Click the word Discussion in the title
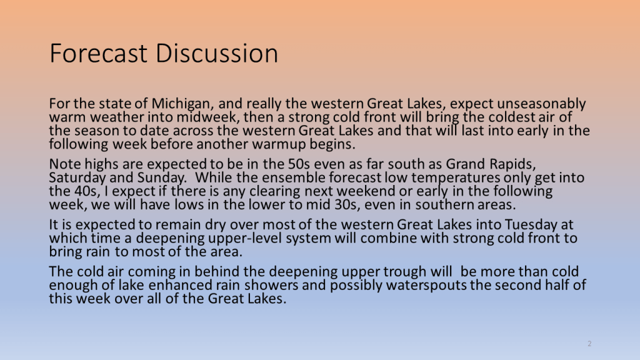[x=217, y=53]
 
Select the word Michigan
[x=182, y=104]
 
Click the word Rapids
[x=512, y=164]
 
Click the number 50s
[x=299, y=164]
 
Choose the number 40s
[x=87, y=191]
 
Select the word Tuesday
[x=531, y=225]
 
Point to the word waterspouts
[x=426, y=285]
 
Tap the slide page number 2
[x=589, y=344]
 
